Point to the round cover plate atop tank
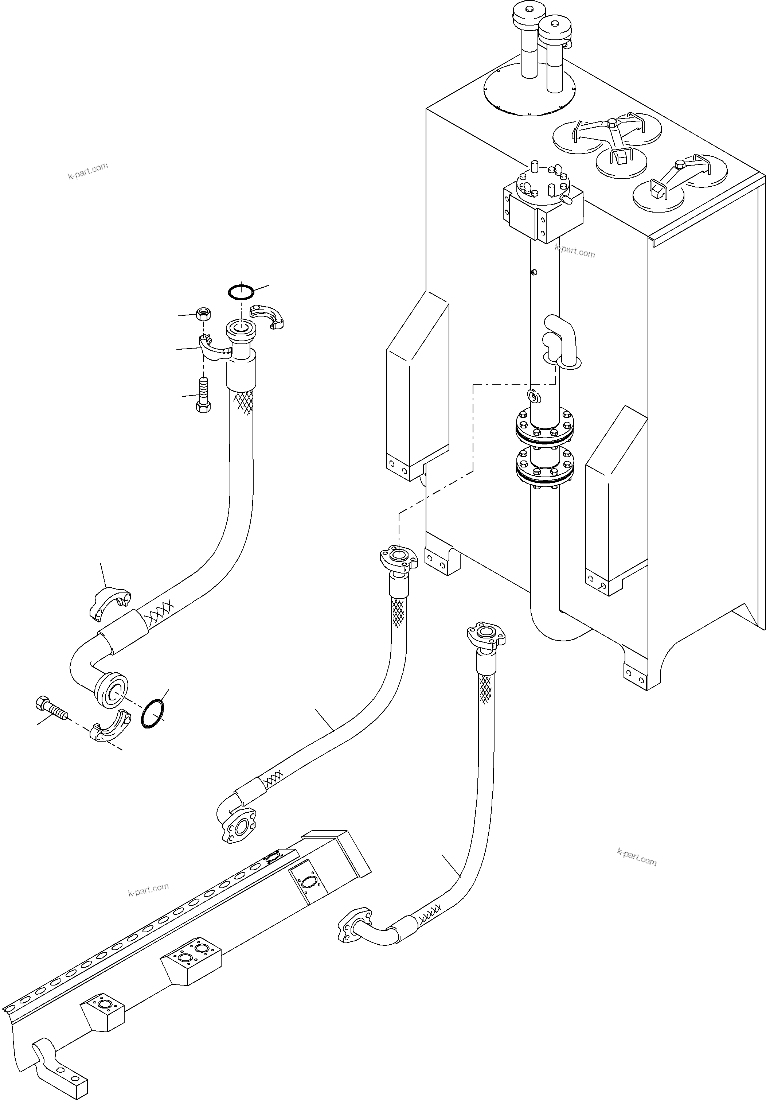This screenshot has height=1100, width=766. click(x=529, y=90)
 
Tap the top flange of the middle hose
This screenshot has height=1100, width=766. click(x=398, y=559)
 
